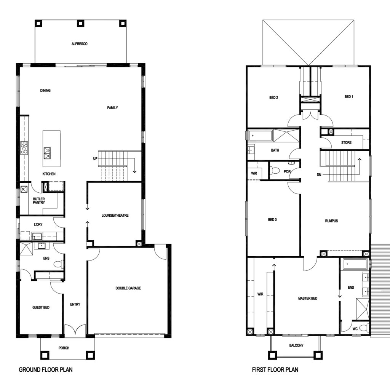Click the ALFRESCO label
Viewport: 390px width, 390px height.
[x=79, y=44]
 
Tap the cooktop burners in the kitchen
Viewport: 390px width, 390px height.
[x=24, y=148]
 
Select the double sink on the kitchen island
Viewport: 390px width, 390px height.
[x=47, y=153]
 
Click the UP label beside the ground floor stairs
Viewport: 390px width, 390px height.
[x=95, y=158]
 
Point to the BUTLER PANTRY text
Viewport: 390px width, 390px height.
[x=39, y=201]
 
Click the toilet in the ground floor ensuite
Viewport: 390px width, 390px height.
[x=59, y=264]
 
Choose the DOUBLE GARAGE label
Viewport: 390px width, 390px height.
[x=128, y=288]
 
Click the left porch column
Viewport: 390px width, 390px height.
[x=45, y=355]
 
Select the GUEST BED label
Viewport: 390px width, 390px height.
[x=41, y=307]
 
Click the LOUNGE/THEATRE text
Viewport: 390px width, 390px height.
[x=115, y=216]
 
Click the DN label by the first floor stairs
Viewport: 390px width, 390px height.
[x=319, y=175]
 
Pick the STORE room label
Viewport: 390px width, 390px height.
[x=346, y=142]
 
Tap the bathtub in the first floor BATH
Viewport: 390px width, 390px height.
[x=260, y=136]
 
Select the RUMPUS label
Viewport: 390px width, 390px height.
[x=332, y=221]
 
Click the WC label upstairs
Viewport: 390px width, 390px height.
[x=355, y=329]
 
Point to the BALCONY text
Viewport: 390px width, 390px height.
[x=296, y=345]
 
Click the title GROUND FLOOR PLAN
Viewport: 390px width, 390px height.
[x=46, y=370]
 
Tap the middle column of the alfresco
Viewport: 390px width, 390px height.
[x=81, y=23]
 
